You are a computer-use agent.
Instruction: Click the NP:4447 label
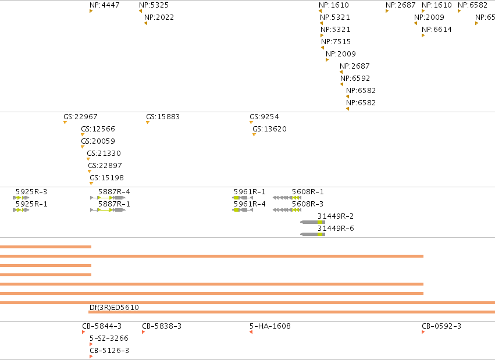[x=105, y=5]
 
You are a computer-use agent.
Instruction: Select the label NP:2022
[x=159, y=17]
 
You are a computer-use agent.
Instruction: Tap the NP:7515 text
[x=336, y=42]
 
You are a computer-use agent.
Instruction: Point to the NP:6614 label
[x=437, y=30]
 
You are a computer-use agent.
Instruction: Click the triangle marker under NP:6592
[x=341, y=84]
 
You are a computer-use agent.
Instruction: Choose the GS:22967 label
[x=80, y=117]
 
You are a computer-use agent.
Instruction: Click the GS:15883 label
[x=163, y=117]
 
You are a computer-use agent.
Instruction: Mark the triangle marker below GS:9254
[x=251, y=122]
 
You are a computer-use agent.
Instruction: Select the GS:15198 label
[x=106, y=178]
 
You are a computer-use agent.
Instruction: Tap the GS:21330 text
[x=104, y=154]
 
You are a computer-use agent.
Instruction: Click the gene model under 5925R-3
[x=21, y=198]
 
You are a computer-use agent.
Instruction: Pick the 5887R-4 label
[x=114, y=192]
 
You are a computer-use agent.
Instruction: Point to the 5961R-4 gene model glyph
[x=243, y=210]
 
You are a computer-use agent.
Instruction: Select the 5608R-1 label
[x=308, y=192]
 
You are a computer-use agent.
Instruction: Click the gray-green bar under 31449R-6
[x=312, y=234]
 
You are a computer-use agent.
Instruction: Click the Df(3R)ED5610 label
[x=114, y=307]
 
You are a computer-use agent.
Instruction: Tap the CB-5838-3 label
[x=162, y=326]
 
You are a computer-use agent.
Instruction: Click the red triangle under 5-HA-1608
[x=251, y=332]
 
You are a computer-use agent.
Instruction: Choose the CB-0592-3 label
[x=441, y=326]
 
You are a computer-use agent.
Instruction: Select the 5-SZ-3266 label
[x=109, y=338]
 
